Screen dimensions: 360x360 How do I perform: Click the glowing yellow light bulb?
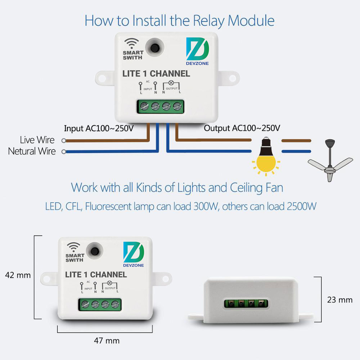(266, 159)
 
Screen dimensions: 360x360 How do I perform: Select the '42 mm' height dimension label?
(18, 275)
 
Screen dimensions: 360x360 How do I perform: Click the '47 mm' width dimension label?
(107, 341)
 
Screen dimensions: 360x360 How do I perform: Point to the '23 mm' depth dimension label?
(339, 300)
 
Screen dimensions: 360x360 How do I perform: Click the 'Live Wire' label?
(37, 140)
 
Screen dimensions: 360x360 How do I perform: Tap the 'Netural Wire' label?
(32, 151)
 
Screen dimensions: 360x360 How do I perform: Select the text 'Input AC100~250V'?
(99, 128)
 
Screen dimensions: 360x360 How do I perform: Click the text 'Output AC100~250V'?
(242, 128)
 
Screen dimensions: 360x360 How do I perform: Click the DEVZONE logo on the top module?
(198, 52)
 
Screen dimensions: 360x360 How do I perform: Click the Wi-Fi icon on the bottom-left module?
(74, 248)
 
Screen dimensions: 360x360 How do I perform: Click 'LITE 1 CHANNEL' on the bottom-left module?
(96, 275)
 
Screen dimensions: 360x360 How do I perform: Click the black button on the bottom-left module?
(95, 251)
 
